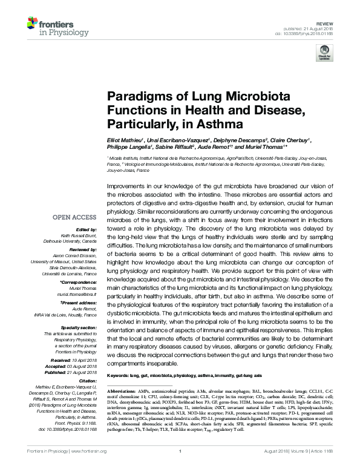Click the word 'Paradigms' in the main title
coord(137,96)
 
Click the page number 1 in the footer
coord(180,466)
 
